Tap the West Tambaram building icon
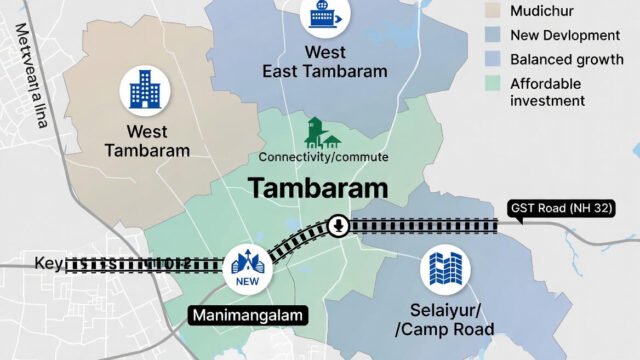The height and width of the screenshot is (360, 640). coord(145,90)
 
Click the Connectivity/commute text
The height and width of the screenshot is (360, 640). coord(324,158)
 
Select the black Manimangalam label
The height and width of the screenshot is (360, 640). coord(248,316)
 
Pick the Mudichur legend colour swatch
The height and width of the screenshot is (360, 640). coord(491,11)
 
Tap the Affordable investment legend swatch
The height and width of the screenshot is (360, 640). coord(491,85)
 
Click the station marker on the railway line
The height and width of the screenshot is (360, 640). coord(339,225)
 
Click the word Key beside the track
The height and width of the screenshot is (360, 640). coord(47,264)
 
